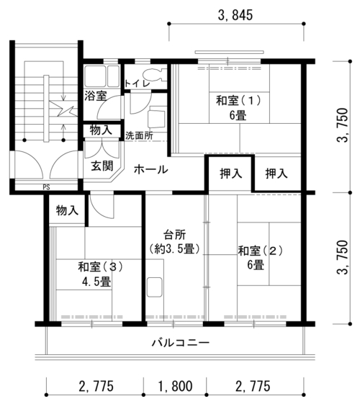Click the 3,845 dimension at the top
point(235,15)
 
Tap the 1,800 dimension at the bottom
point(175,386)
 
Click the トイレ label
point(138,84)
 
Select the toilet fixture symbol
point(154,75)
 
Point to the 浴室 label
point(96,96)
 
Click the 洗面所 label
point(139,136)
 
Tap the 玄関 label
point(102,166)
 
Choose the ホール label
point(151,169)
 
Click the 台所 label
point(175,235)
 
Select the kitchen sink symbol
point(155,287)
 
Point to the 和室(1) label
point(238,100)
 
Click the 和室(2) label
point(261,251)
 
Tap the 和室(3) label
point(100,266)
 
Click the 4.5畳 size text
point(96,282)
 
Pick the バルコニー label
point(181,343)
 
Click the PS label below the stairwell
point(46,187)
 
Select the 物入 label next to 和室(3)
point(67,210)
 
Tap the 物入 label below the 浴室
point(101,130)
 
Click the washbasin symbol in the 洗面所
point(156,119)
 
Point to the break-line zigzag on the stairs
point(63,108)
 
